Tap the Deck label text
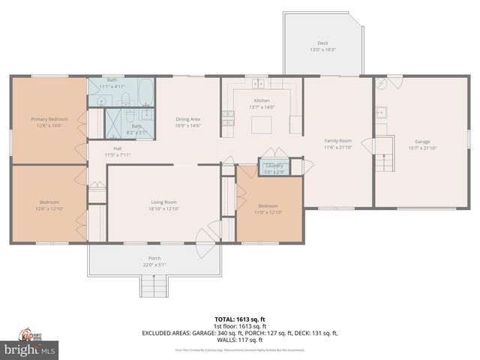pyautogui.click(x=322, y=43)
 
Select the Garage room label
pyautogui.click(x=423, y=141)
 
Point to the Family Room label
pyautogui.click(x=337, y=140)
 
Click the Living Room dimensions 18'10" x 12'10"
pyautogui.click(x=164, y=208)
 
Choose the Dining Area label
pyautogui.click(x=187, y=119)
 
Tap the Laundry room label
pyautogui.click(x=274, y=165)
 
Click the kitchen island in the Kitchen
pyautogui.click(x=261, y=124)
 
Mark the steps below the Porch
pyautogui.click(x=153, y=286)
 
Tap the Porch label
pyautogui.click(x=154, y=259)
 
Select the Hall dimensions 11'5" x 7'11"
pyautogui.click(x=118, y=155)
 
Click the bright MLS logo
pyautogui.click(x=30, y=349)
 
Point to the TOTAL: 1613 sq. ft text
pyautogui.click(x=240, y=319)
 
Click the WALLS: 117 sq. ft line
pyautogui.click(x=240, y=340)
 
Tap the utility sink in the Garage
pyautogui.click(x=380, y=112)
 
